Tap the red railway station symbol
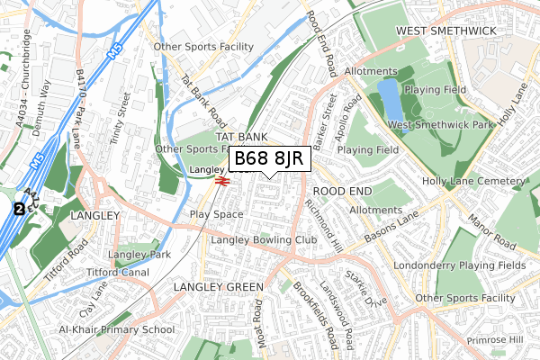pyautogui.click(x=221, y=180)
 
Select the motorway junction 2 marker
pyautogui.click(x=18, y=209)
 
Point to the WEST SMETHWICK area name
pyautogui.click(x=446, y=31)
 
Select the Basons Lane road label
pyautogui.click(x=392, y=230)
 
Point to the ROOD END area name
pyautogui.click(x=342, y=192)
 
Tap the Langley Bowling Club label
pyautogui.click(x=264, y=240)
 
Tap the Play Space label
pyautogui.click(x=216, y=214)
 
